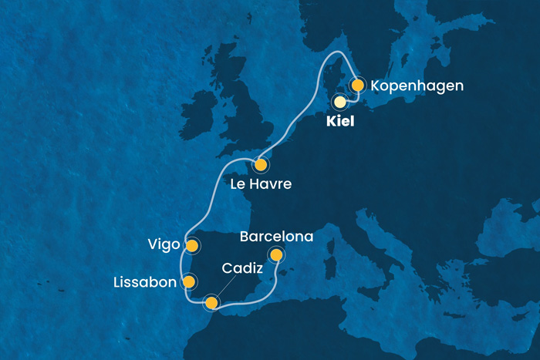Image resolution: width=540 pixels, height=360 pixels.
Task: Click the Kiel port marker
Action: tap(339, 101)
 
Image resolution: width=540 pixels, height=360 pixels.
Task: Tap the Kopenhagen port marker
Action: tap(357, 86)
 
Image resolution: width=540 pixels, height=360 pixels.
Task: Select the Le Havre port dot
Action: tap(261, 164)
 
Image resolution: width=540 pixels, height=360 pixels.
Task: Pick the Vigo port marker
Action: tap(191, 246)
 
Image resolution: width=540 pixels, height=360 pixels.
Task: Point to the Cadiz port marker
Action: tap(211, 302)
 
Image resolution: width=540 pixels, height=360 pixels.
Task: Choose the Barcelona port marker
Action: tap(276, 254)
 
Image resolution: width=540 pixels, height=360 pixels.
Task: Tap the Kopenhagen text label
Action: tap(417, 86)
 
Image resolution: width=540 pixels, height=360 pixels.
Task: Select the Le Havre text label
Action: tap(262, 185)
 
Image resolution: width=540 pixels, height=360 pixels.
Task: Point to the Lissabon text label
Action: tap(145, 282)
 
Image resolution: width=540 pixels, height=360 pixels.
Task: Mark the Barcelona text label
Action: tap(275, 236)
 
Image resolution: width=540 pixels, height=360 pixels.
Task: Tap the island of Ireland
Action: tap(203, 108)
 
